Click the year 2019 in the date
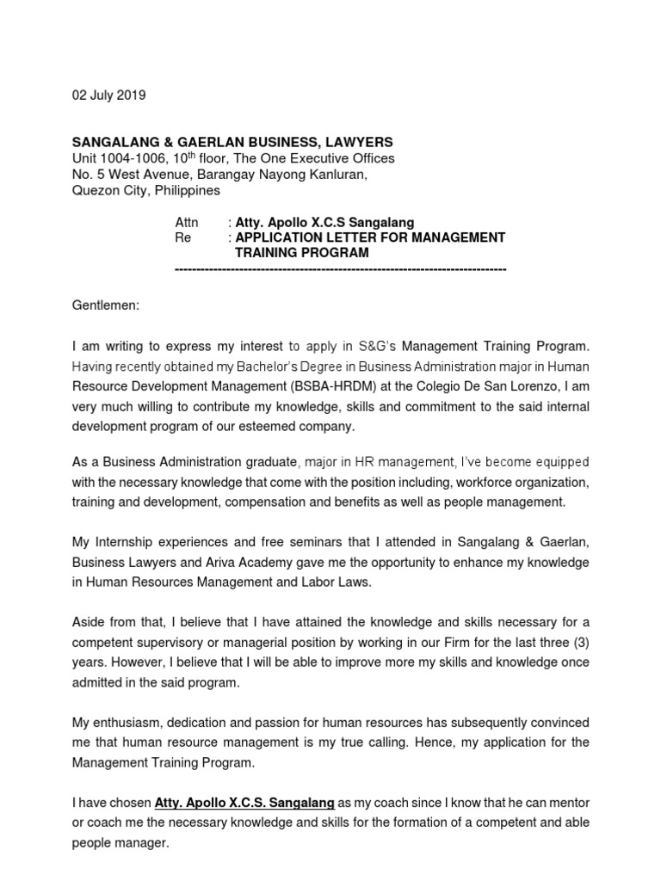pyautogui.click(x=131, y=95)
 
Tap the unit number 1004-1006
pyautogui.click(x=135, y=158)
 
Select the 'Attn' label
pyautogui.click(x=187, y=222)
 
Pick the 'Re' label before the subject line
pyautogui.click(x=182, y=237)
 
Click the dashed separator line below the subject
pyautogui.click(x=340, y=269)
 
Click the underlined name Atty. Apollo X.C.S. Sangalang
pyautogui.click(x=244, y=803)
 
